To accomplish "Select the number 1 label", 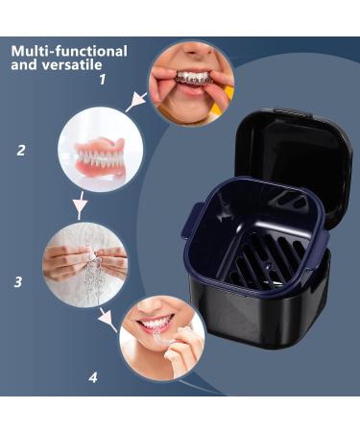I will point(103,80).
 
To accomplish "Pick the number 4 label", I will point(93,377).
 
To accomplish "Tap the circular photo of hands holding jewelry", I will point(85,264).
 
